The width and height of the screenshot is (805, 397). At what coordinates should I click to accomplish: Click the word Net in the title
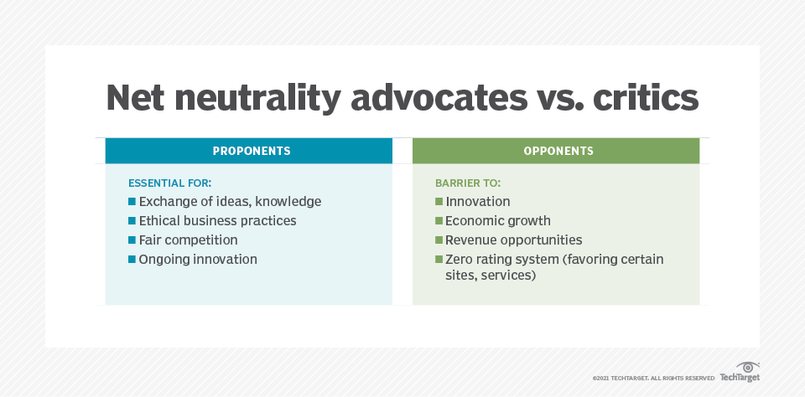[x=134, y=98]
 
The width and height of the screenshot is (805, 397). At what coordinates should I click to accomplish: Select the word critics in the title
[x=646, y=97]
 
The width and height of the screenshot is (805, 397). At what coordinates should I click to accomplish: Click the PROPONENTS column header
[x=252, y=151]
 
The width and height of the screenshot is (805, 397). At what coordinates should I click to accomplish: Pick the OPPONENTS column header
[x=558, y=151]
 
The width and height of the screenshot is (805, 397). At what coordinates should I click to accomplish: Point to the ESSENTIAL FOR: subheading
[x=170, y=183]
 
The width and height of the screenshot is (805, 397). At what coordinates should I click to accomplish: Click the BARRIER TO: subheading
[x=468, y=183]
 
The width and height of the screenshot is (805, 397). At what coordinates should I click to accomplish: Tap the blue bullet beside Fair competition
[x=132, y=240]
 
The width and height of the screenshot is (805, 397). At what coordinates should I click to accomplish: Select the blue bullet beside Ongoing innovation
[x=132, y=260]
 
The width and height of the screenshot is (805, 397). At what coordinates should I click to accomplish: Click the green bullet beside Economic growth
[x=439, y=221]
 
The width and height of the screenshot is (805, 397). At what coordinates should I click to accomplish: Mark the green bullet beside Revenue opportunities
[x=439, y=240]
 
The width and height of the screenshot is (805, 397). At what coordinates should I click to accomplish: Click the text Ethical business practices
[x=218, y=221]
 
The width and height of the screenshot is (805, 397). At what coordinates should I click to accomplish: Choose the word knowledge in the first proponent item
[x=288, y=202]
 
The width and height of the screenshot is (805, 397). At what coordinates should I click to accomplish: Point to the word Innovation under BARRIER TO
[x=478, y=202]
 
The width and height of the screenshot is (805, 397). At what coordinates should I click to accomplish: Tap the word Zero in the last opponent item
[x=459, y=260]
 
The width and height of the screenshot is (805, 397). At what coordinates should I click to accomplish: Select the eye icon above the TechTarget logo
[x=748, y=367]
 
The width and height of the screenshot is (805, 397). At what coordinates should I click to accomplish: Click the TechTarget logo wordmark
[x=740, y=378]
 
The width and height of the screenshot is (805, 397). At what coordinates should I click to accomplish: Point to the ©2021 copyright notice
[x=653, y=379]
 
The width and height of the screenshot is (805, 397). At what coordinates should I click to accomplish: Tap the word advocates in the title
[x=439, y=97]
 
